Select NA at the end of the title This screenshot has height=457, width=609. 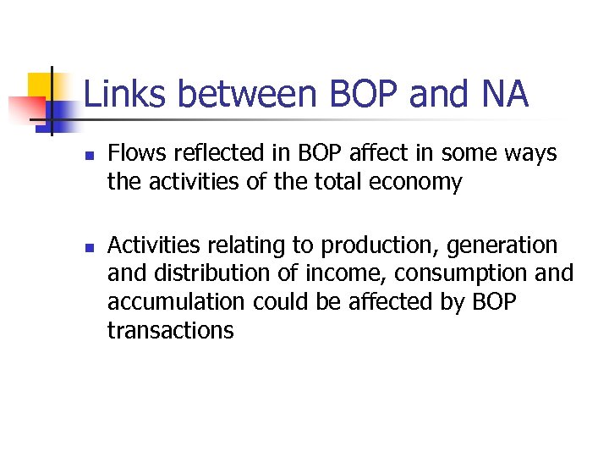click(504, 95)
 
